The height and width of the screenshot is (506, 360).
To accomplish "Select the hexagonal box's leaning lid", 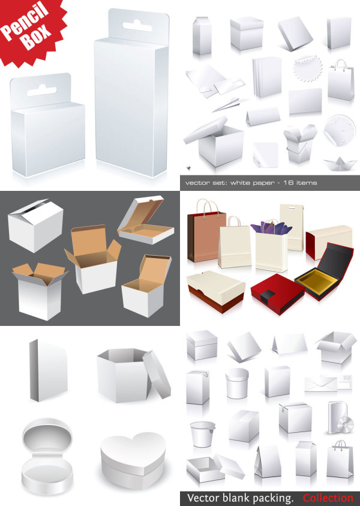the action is pyautogui.click(x=157, y=374).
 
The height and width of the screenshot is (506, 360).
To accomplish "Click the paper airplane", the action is pyautogui.click(x=230, y=104).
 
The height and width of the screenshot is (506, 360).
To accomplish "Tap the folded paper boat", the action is pyautogui.click(x=336, y=164).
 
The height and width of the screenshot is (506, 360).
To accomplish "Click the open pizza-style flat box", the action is pyautogui.click(x=145, y=220).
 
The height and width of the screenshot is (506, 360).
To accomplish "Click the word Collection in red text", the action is pyautogui.click(x=328, y=498).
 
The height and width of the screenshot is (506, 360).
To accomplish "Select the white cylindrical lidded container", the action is pyautogui.click(x=237, y=384).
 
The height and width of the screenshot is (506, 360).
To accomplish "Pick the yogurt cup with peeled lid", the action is pyautogui.click(x=203, y=434).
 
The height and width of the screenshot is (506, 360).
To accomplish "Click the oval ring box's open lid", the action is pyautogui.click(x=47, y=436).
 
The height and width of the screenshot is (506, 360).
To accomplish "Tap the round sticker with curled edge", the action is pyautogui.click(x=340, y=130).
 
